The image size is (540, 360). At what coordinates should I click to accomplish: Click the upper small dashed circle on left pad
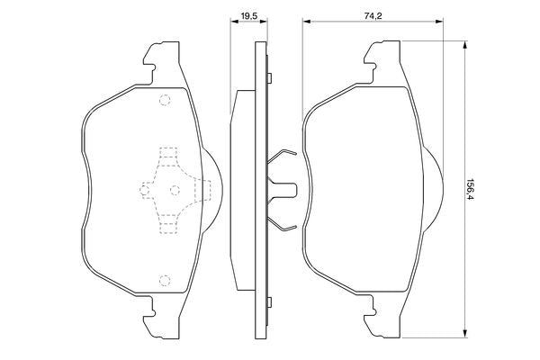click(164, 101)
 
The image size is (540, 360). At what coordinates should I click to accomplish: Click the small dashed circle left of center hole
click(145, 189)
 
